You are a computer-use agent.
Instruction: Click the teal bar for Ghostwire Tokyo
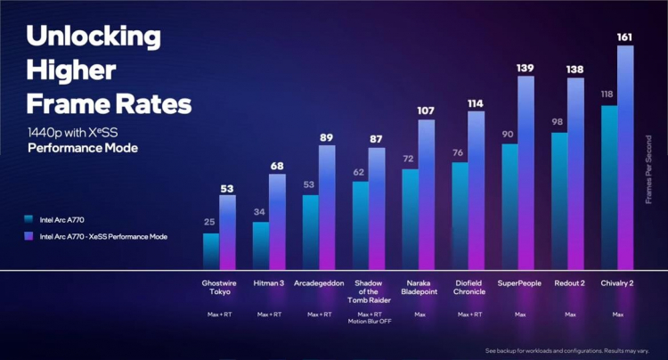[211, 250]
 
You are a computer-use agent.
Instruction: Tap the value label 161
[625, 37]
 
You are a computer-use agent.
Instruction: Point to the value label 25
[211, 223]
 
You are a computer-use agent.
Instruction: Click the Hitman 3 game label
[269, 283]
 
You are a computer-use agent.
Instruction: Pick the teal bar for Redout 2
[559, 200]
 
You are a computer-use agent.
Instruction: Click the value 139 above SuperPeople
[525, 68]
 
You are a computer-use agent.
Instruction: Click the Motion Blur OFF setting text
[369, 322]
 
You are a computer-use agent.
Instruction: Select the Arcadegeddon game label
[319, 283]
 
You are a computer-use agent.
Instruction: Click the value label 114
[476, 103]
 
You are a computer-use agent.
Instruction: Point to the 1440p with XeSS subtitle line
[80, 132]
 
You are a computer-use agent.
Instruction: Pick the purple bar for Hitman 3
[277, 221]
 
